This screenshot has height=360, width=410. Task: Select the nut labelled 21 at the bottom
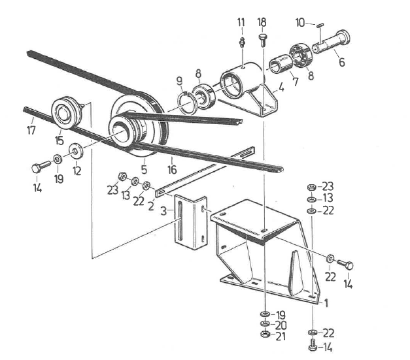[x=265, y=335]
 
